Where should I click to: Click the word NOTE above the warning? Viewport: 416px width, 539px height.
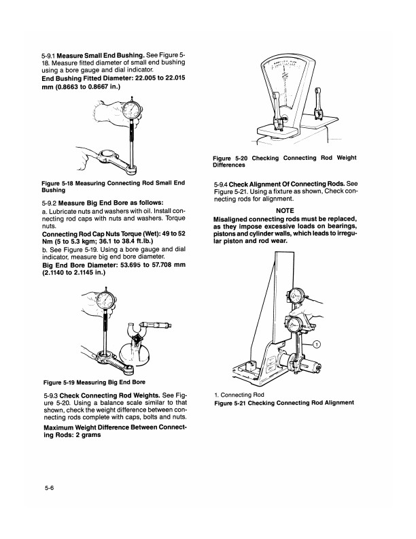point(285,210)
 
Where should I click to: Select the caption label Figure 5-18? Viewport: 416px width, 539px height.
point(60,182)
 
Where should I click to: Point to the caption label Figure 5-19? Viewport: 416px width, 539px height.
point(60,381)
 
